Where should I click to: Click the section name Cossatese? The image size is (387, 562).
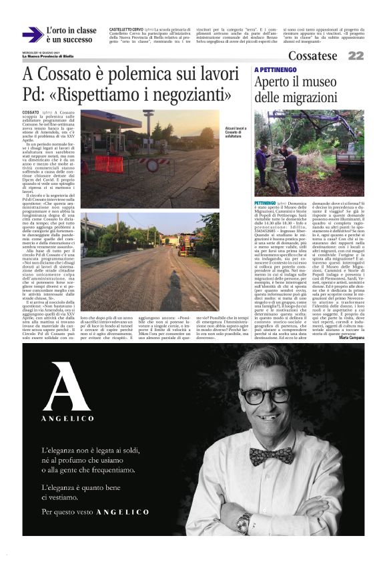(313, 56)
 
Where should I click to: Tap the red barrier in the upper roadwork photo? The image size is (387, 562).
(108, 164)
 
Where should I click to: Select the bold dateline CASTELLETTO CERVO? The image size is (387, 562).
(127, 30)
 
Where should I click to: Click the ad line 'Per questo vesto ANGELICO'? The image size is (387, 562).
(95, 512)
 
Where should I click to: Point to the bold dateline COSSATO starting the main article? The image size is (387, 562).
(31, 114)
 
